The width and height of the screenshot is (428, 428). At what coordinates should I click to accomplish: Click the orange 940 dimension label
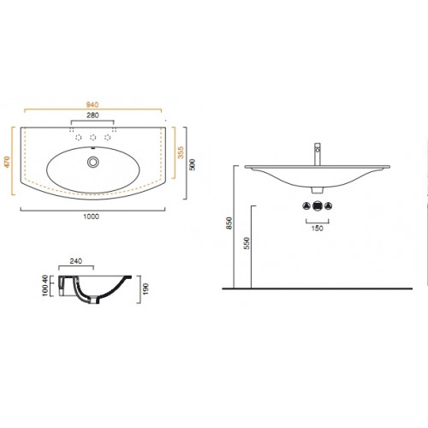pyautogui.click(x=92, y=104)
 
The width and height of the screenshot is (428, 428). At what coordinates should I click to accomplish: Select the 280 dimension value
pyautogui.click(x=92, y=116)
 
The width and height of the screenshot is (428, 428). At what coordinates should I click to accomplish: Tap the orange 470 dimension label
pyautogui.click(x=7, y=162)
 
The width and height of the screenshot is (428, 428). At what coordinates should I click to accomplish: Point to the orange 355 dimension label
pyautogui.click(x=181, y=152)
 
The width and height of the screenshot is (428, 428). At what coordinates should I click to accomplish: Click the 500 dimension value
pyautogui.click(x=193, y=165)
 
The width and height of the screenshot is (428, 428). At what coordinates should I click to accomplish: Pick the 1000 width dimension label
pyautogui.click(x=92, y=217)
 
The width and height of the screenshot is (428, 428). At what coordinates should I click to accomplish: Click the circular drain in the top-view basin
pyautogui.click(x=92, y=162)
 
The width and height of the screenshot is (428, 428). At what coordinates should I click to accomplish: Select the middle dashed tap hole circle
pyautogui.click(x=92, y=138)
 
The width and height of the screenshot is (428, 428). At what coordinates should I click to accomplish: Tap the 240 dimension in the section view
pyautogui.click(x=76, y=261)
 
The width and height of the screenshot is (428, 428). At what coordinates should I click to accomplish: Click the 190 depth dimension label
pyautogui.click(x=146, y=289)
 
